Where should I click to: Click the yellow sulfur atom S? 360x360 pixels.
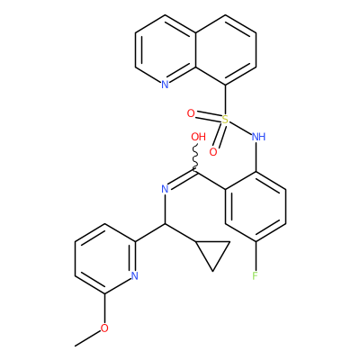pos(225,120)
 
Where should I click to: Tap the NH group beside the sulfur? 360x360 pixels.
pos(258,137)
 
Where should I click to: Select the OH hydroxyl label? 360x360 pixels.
pos(198,137)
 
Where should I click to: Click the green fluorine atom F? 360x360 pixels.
pos(256,275)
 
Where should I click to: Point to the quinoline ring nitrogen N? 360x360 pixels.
pos(165,85)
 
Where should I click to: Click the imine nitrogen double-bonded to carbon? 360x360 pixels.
pos(165,189)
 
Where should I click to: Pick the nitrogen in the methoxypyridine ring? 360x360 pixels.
pos(135,275)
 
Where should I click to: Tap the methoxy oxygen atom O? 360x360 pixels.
pos(104,328)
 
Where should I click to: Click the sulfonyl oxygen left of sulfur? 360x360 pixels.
pos(191,113)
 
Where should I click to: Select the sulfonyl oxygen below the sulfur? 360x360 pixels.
pos(213,152)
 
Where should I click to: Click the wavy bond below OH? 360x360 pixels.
pos(195,158)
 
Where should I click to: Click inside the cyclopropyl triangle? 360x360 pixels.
pos(212,252)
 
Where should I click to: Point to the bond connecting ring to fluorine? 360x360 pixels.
pos(256,256)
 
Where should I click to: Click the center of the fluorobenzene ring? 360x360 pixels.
pos(256,206)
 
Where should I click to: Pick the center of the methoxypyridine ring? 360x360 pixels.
pos(104,258)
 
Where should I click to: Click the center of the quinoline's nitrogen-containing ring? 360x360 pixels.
pos(166,49)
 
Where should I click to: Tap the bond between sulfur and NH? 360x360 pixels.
pos(240,128)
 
